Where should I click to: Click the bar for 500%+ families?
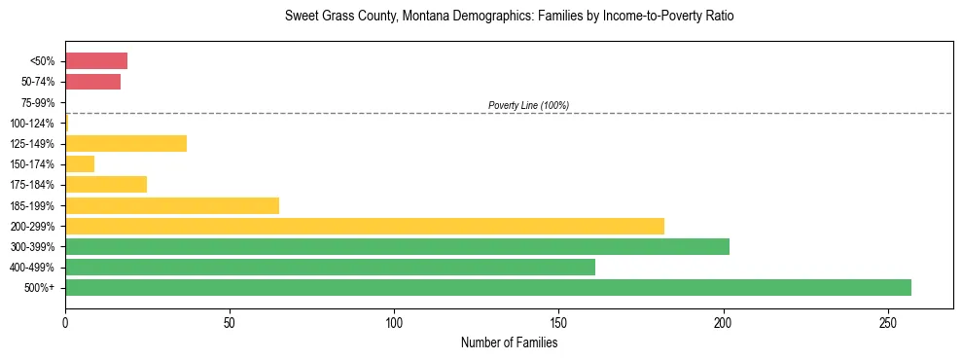tap(487, 287)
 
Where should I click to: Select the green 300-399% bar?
tap(397, 246)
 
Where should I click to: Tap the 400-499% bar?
tap(330, 267)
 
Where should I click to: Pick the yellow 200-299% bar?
tap(364, 226)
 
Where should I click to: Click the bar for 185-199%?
tap(172, 205)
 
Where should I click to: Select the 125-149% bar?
tap(125, 144)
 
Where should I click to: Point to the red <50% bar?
tap(96, 61)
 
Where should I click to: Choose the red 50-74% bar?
tap(92, 82)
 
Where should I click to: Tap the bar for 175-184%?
tap(106, 185)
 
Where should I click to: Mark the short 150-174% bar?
tap(80, 164)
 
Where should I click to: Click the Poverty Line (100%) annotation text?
tap(528, 105)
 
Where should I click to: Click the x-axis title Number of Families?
tap(509, 342)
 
